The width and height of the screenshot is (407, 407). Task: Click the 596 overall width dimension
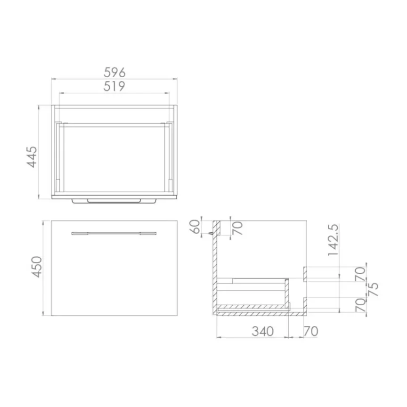[114, 72]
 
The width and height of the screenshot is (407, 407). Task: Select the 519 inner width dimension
[114, 87]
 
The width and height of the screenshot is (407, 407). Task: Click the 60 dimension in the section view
[194, 228]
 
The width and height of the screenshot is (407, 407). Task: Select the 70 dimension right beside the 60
[238, 228]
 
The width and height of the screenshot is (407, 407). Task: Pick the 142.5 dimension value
[334, 239]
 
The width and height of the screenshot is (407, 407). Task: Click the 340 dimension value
[262, 331]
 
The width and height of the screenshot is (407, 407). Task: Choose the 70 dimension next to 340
[311, 331]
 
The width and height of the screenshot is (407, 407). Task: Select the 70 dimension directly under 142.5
[360, 274]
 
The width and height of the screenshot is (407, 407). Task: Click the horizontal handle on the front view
[114, 232]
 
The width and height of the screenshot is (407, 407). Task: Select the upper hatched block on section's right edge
[305, 273]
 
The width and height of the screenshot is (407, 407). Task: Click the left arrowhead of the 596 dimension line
[52, 78]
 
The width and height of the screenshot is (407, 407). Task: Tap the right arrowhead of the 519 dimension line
[171, 93]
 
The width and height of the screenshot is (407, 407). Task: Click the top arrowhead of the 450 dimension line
[44, 222]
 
